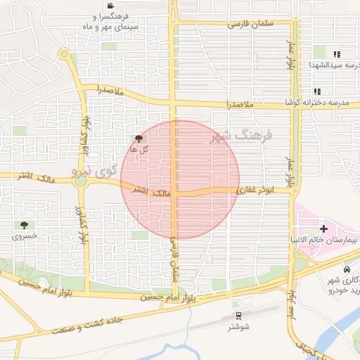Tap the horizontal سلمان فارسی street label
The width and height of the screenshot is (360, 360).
tap(248, 23)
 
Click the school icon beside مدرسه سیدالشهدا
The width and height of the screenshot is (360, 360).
tap(337, 53)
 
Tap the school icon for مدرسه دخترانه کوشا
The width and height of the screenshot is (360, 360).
tap(317, 91)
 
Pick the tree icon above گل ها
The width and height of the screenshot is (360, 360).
tap(137, 139)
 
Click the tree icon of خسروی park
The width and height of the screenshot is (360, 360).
tap(26, 225)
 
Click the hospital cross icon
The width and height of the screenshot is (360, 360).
tap(323, 229)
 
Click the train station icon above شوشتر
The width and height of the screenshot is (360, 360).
tap(238, 315)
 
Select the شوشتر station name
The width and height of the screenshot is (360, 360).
tap(238, 327)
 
